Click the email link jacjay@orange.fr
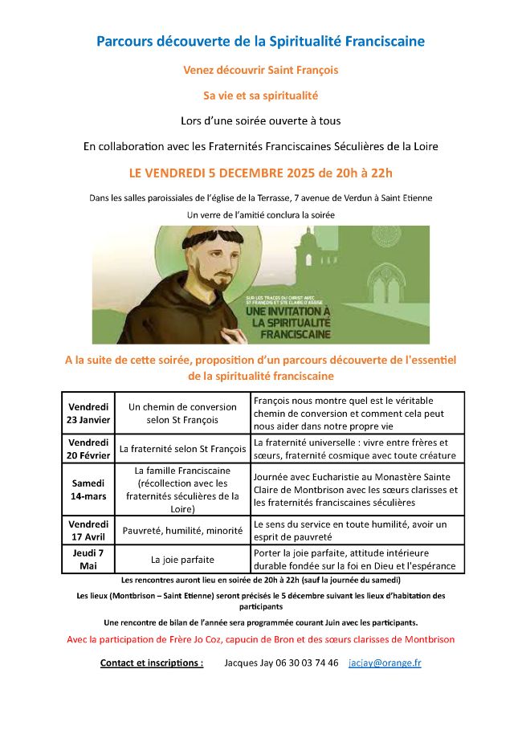[x=385, y=663]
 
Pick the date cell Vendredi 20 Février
[x=88, y=449]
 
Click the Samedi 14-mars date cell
[x=88, y=489]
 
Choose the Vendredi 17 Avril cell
[x=88, y=530]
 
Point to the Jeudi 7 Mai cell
[x=88, y=559]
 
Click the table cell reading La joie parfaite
[x=182, y=560]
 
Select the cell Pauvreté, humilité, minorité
[x=182, y=530]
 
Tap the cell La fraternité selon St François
[x=182, y=449]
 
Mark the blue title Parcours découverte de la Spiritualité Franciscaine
[x=261, y=40]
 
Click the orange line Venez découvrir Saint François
[x=261, y=70]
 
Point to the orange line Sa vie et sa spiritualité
[x=261, y=96]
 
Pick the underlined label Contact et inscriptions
[x=151, y=663]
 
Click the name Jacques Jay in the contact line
[x=247, y=663]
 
